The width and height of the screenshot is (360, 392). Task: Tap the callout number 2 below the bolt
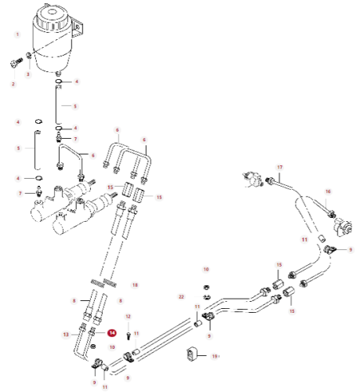pyautogui.click(x=13, y=83)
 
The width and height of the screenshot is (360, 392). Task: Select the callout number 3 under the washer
pyautogui.click(x=29, y=74)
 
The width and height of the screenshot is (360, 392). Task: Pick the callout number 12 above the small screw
pyautogui.click(x=129, y=316)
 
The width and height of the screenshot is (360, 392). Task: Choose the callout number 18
pyautogui.click(x=135, y=285)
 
